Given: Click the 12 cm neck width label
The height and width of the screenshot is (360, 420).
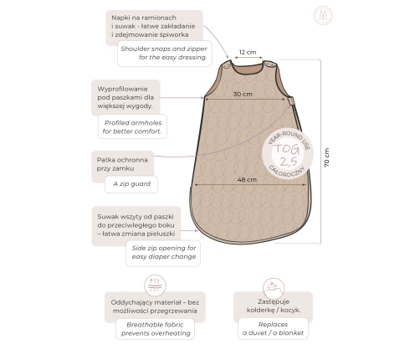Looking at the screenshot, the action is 248,52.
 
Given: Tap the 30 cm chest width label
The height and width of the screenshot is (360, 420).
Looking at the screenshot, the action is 243,94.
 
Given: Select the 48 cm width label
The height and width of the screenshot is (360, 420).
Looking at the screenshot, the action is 247,179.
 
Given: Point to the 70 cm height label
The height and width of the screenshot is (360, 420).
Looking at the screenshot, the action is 326,157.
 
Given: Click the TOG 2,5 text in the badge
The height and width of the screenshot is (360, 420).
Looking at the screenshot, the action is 287,155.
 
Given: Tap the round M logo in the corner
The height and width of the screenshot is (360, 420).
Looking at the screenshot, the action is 323,15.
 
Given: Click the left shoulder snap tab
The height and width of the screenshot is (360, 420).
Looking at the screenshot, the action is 227,64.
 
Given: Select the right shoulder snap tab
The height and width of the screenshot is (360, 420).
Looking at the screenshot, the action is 270,64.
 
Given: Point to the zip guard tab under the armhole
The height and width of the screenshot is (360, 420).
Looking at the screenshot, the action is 291,100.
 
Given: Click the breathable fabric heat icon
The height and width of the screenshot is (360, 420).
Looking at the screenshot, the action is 155,285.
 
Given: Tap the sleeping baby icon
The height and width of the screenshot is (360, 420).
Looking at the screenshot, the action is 274,288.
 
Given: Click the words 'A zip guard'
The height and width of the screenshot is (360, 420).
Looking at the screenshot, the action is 131,184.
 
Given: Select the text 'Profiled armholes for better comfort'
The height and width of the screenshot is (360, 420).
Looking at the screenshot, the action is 132,127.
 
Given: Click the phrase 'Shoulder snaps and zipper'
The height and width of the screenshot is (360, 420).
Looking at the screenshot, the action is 164,49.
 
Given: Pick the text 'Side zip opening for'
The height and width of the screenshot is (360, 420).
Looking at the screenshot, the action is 164,248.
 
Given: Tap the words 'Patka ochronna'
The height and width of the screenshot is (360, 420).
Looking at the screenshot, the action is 122,160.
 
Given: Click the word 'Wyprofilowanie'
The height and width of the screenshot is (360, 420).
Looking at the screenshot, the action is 122,89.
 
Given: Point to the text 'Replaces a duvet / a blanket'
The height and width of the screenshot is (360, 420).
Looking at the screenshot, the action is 273,328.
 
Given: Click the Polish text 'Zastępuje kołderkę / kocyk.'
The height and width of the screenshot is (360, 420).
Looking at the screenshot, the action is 274,306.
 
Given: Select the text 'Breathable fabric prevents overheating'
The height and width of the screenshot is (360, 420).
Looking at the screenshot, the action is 156,329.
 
